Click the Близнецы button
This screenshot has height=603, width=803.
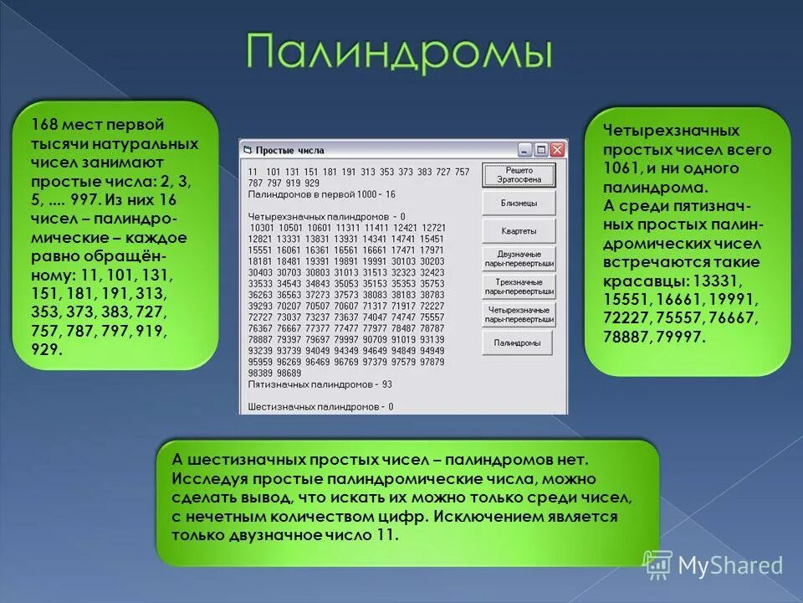tap(518, 203)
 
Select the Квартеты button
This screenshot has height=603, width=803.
tap(518, 231)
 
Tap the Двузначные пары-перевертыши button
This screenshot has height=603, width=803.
tap(519, 258)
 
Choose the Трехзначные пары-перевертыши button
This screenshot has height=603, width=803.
tap(519, 286)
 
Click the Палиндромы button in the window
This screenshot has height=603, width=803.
tap(518, 343)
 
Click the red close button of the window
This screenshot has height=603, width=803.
tap(557, 150)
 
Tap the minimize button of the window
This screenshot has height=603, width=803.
tap(524, 150)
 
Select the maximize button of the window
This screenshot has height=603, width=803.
tap(540, 150)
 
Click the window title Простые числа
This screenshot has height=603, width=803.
tap(289, 151)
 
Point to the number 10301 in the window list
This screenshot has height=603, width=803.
tap(263, 227)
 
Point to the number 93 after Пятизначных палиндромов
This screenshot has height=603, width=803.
tap(386, 384)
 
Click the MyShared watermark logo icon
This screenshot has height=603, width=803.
tap(657, 565)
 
